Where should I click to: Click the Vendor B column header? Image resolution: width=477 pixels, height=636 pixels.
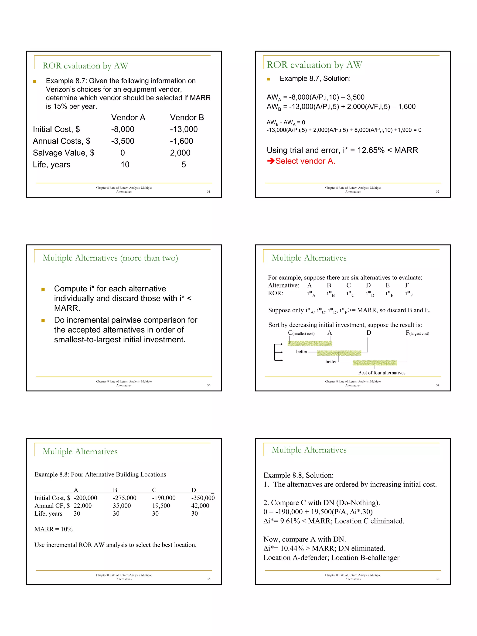coord(187,118)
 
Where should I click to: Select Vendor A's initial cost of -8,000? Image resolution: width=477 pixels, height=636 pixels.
coord(123,129)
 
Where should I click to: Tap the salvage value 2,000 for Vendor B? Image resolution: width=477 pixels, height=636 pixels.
coord(180,153)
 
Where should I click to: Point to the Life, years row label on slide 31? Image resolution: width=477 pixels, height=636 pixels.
coord(51,165)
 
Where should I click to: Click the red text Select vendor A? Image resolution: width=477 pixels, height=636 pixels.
coord(305,161)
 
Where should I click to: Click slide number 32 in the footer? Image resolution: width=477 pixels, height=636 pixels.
coord(437,191)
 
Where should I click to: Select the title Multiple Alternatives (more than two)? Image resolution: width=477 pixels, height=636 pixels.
coord(110,258)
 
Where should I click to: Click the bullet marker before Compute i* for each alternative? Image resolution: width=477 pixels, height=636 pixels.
coord(43,289)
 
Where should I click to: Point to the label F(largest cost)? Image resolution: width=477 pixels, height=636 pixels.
coord(417,333)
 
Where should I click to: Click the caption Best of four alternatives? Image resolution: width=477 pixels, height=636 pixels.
coord(382,373)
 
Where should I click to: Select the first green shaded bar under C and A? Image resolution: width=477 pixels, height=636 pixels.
coord(310,343)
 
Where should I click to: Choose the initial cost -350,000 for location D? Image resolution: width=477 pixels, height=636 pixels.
coord(203,498)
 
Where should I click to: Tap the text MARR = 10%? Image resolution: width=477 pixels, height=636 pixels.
coord(54,529)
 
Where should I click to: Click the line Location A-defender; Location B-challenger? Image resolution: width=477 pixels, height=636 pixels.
coord(331,558)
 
